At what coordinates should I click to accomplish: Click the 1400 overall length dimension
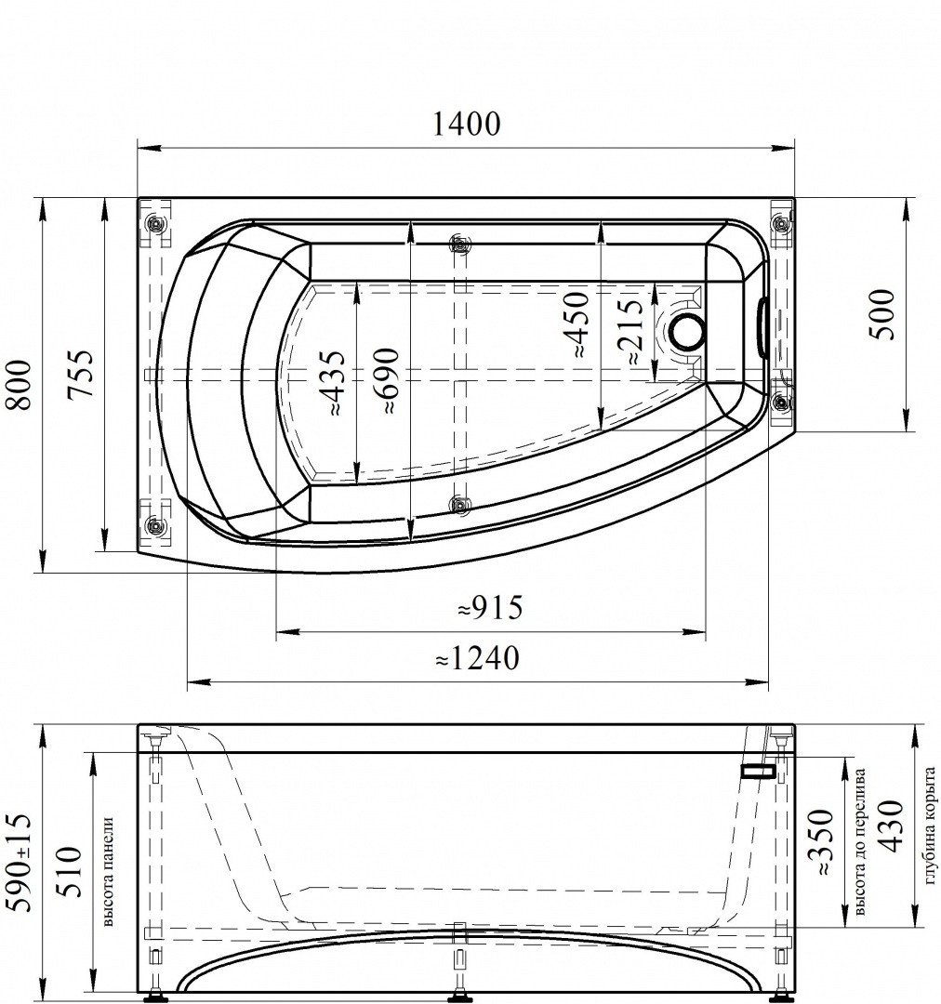tap(466, 124)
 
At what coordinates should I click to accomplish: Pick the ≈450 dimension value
tap(577, 326)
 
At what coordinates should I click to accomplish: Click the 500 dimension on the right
tap(882, 315)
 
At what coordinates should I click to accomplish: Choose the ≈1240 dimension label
tap(477, 658)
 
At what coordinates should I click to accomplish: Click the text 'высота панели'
tap(108, 872)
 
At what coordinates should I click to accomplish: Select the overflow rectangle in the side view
tap(759, 771)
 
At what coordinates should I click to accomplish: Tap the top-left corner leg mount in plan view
tap(155, 224)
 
